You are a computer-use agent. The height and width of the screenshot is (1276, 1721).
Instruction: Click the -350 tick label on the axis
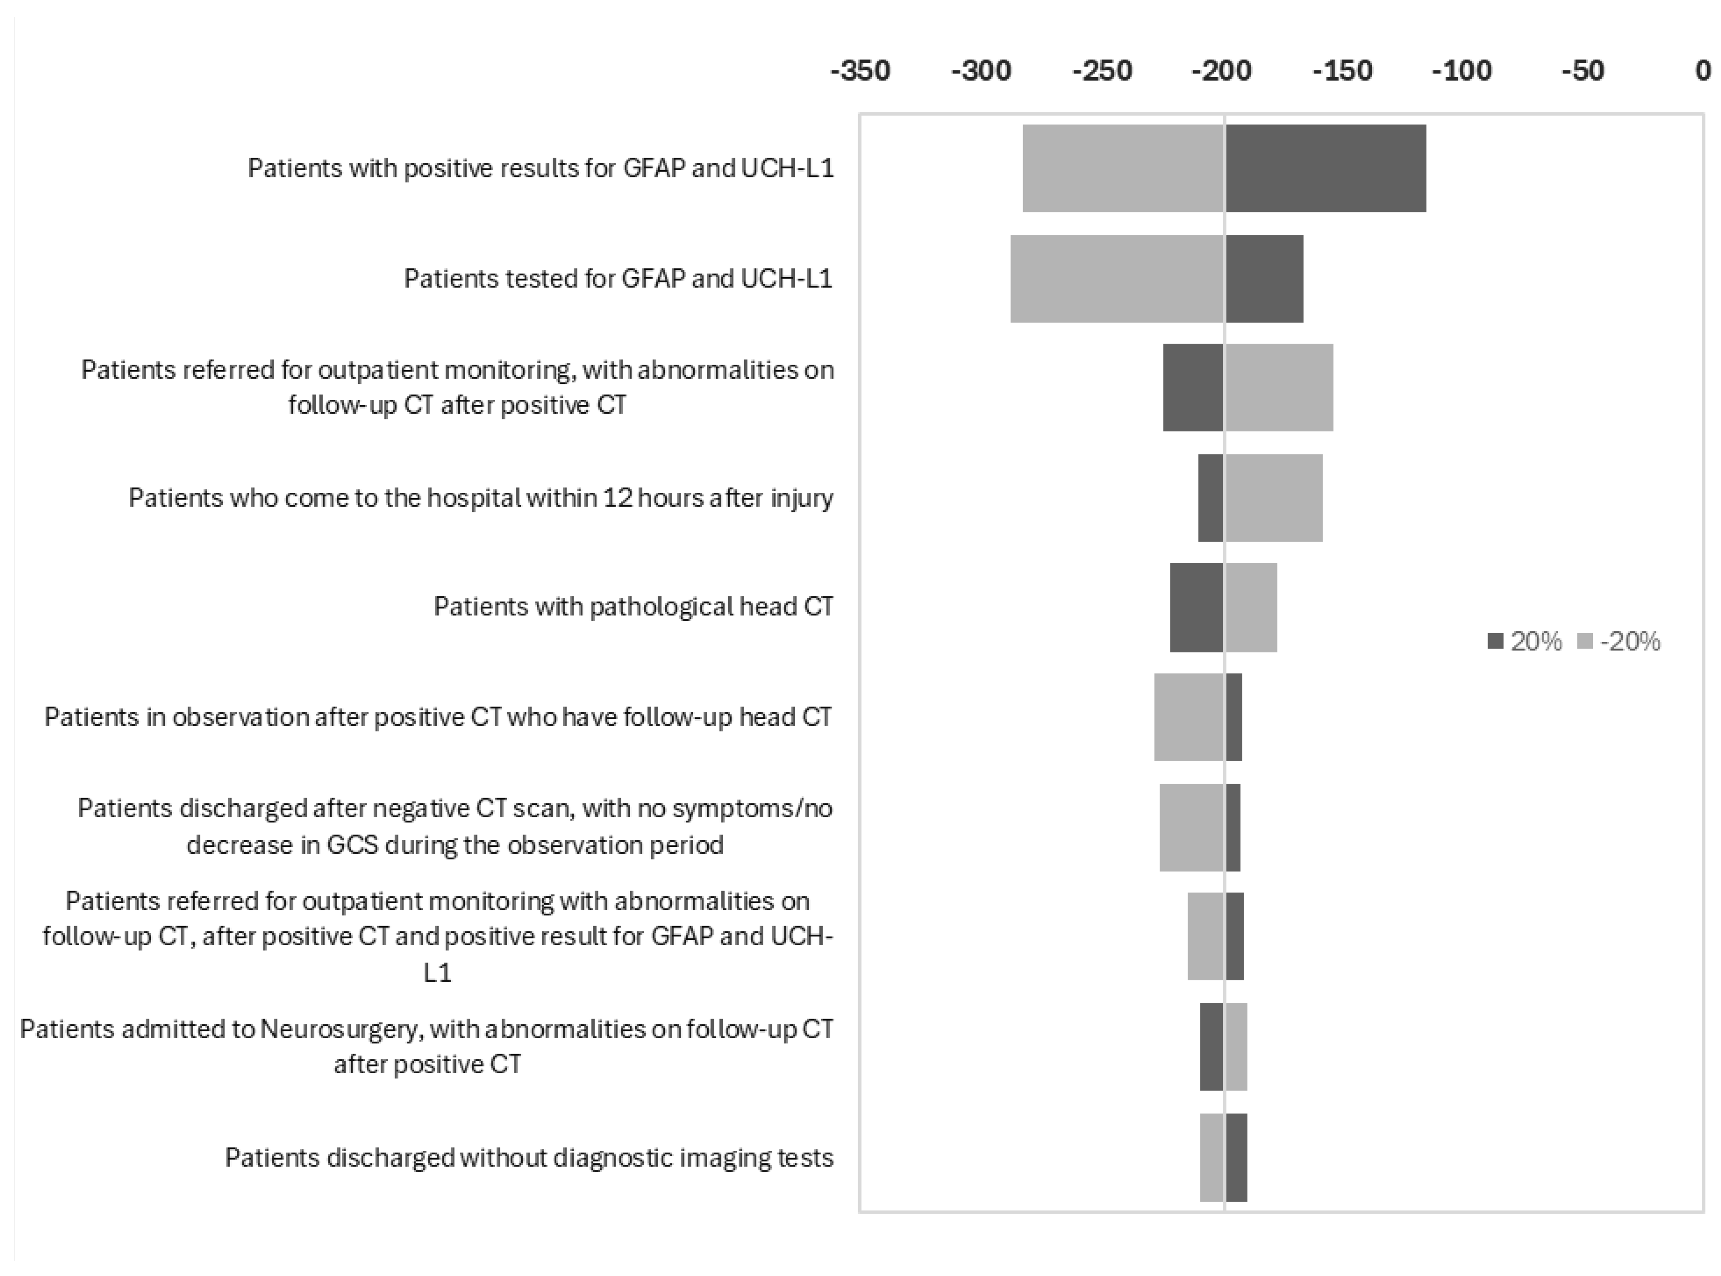[860, 71]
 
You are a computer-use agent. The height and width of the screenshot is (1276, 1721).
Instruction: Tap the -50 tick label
[1583, 71]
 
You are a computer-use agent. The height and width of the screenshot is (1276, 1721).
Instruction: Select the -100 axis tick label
[1462, 71]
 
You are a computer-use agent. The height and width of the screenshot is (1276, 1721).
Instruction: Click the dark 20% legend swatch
[1495, 641]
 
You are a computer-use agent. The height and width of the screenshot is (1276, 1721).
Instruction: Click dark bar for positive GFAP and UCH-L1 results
[1326, 168]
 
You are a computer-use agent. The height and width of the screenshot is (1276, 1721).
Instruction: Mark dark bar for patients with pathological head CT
[1197, 607]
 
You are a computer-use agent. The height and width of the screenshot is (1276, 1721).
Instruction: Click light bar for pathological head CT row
[1251, 607]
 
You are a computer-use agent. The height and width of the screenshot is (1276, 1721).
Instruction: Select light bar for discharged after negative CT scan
[1191, 827]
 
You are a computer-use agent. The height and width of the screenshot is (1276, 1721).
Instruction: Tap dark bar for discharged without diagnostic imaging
[1236, 1157]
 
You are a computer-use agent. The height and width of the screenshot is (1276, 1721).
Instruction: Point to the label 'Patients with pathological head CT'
[633, 607]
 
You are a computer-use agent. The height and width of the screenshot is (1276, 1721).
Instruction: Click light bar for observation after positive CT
[1189, 717]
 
